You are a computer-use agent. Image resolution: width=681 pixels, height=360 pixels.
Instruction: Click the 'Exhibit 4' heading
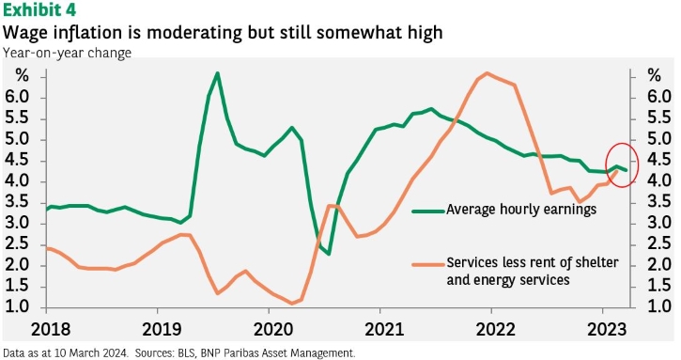(39, 9)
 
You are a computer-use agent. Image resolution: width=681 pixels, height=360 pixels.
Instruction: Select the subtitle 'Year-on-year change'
(67, 53)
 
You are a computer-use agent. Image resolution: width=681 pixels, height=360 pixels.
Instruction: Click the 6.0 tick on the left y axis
(17, 97)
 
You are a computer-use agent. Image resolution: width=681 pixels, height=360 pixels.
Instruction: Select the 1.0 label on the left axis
(17, 306)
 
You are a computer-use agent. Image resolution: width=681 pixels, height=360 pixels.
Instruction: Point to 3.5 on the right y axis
(659, 202)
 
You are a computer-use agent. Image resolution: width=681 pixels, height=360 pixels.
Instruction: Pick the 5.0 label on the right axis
(659, 139)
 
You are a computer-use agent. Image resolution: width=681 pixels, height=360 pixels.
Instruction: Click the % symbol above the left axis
(22, 75)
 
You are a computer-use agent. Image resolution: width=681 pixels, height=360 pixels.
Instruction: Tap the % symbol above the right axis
(654, 75)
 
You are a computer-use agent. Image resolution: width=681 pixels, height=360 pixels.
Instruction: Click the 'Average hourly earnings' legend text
(521, 209)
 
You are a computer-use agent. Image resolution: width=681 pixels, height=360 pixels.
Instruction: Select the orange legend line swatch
(428, 264)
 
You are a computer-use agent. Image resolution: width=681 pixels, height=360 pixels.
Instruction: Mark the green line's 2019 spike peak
(218, 73)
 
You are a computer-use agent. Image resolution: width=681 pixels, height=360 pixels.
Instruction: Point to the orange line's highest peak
(487, 73)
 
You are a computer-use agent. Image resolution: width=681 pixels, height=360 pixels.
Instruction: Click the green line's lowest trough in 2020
(329, 254)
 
